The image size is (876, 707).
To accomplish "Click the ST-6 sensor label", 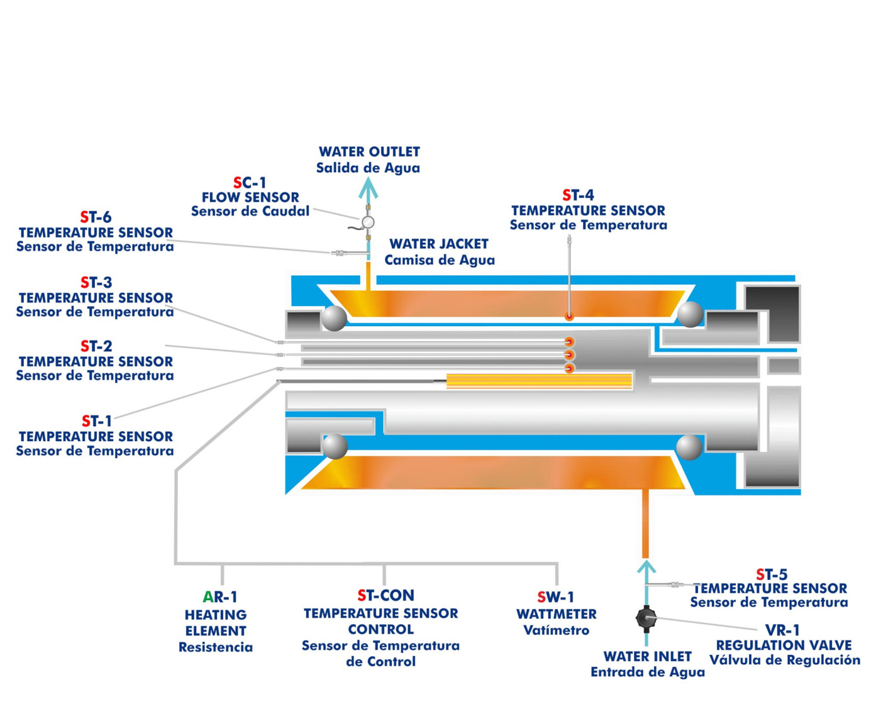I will (96, 217).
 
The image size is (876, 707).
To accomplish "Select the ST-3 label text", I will (96, 283).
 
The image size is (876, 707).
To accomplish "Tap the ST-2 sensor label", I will (96, 346).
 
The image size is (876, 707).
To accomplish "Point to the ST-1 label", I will (96, 421).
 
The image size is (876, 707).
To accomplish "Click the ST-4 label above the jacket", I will (578, 195).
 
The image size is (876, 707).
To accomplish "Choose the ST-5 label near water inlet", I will (772, 574).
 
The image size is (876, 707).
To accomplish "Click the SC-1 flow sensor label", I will (250, 183).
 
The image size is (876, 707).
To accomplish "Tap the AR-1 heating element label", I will (219, 597).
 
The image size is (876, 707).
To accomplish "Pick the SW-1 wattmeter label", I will (555, 597).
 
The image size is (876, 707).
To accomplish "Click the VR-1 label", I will (782, 630).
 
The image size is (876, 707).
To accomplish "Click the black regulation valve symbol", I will (645, 618).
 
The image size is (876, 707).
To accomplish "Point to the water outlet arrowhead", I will (368, 187).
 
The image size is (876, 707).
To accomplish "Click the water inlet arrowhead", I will (646, 567).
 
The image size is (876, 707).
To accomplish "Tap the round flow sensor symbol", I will (368, 222).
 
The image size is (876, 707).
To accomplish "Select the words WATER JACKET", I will (439, 244).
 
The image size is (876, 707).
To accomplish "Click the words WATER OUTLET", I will (369, 152).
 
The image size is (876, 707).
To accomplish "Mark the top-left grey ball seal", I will (334, 317).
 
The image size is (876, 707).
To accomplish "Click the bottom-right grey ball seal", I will (689, 447).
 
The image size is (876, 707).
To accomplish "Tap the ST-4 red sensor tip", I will (569, 317).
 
